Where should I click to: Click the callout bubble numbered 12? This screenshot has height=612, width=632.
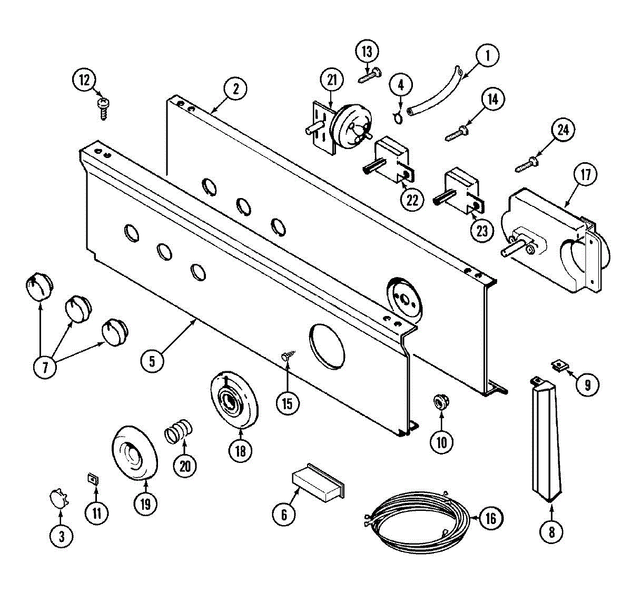coord(85,81)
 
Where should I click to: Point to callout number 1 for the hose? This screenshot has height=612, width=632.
coord(487,55)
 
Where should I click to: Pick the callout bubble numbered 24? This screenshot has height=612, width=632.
coord(563,130)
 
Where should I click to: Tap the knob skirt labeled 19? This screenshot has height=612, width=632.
coord(135,452)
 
